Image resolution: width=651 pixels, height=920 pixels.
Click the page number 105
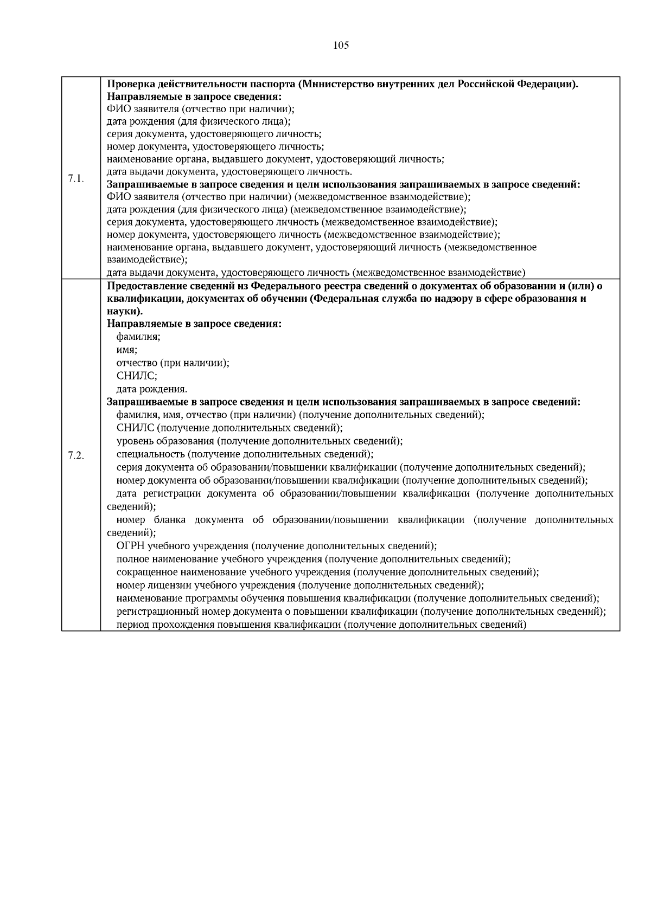click(x=340, y=46)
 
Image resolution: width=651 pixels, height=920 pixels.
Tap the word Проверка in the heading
click(x=130, y=84)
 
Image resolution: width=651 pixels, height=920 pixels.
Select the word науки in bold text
click(x=124, y=312)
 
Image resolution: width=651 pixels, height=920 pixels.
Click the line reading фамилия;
click(x=138, y=337)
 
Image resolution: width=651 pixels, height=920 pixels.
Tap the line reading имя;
click(x=127, y=350)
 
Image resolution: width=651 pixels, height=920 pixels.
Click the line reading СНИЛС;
click(x=137, y=376)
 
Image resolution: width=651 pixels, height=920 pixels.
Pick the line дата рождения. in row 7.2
click(x=152, y=389)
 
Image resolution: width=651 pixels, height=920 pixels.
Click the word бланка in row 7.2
click(x=169, y=520)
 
